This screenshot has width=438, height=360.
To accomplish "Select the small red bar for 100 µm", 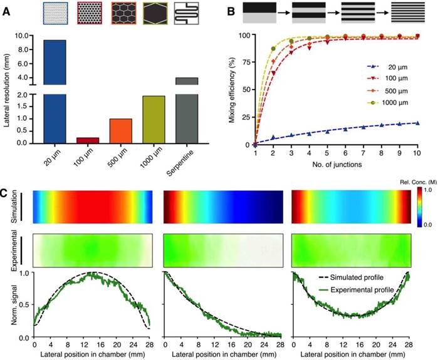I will [87, 140].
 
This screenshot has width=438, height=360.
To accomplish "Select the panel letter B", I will [231, 9].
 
